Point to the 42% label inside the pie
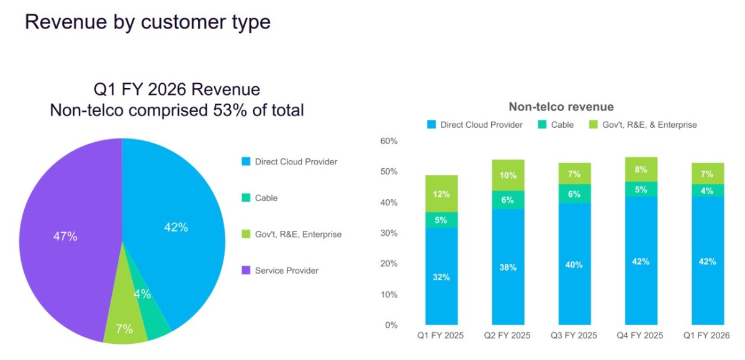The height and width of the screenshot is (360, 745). [x=176, y=227]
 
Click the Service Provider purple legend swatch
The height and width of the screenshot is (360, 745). [x=246, y=270]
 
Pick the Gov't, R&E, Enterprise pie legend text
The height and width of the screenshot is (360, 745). [x=298, y=235]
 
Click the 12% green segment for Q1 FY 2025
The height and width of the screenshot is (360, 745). [x=441, y=194]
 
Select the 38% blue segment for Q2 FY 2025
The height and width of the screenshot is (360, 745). [x=508, y=267]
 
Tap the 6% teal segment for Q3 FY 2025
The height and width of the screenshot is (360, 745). [x=574, y=194]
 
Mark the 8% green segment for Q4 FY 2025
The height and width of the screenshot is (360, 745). [x=641, y=169]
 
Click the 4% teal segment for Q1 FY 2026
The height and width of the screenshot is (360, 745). [x=708, y=191]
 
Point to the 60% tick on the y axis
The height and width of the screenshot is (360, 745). [x=389, y=141]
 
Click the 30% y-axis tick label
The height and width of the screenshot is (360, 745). [x=389, y=233]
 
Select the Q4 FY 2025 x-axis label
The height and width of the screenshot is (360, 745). [x=640, y=335]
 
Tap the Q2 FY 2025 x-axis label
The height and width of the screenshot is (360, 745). [x=507, y=335]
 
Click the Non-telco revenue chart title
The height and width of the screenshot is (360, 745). [x=561, y=107]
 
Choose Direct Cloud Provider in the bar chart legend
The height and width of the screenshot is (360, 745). [x=481, y=125]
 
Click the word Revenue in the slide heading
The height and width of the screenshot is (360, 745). [x=66, y=22]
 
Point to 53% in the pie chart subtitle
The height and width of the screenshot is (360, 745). [x=230, y=110]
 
